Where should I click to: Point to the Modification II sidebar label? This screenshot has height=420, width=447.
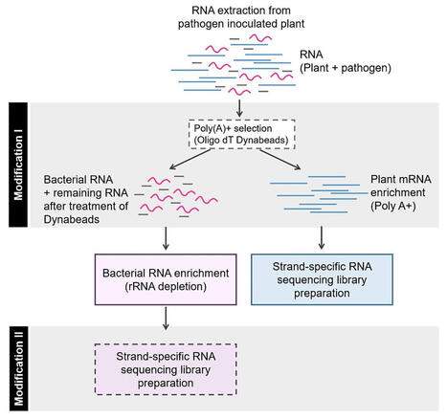(17, 366)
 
